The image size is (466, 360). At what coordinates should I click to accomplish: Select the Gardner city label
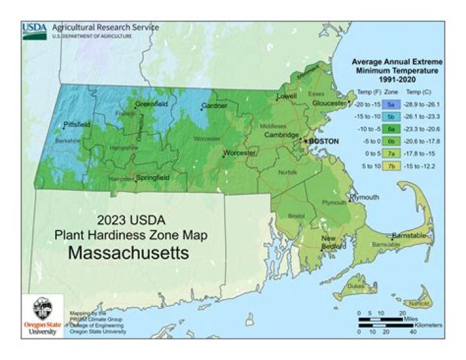[214, 105]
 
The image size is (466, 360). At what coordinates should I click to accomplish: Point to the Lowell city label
[287, 96]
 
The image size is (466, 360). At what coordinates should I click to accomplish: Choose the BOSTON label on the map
[324, 141]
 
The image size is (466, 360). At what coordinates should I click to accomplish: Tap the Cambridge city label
[281, 135]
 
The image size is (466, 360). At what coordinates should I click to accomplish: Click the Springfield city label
[152, 176]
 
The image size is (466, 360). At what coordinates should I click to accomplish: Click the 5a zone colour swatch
[390, 104]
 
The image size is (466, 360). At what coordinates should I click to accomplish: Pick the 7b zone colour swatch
[390, 166]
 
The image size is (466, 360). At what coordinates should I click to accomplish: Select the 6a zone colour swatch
[390, 128]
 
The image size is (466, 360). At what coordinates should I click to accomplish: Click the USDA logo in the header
[34, 30]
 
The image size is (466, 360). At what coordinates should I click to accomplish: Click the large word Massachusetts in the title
[129, 253]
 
